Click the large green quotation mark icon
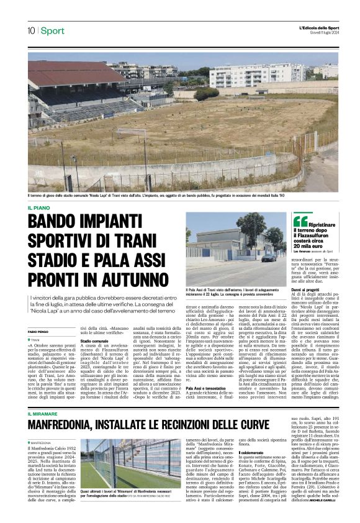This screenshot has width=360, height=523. point(300,221)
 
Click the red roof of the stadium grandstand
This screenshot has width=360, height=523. point(68,73)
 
